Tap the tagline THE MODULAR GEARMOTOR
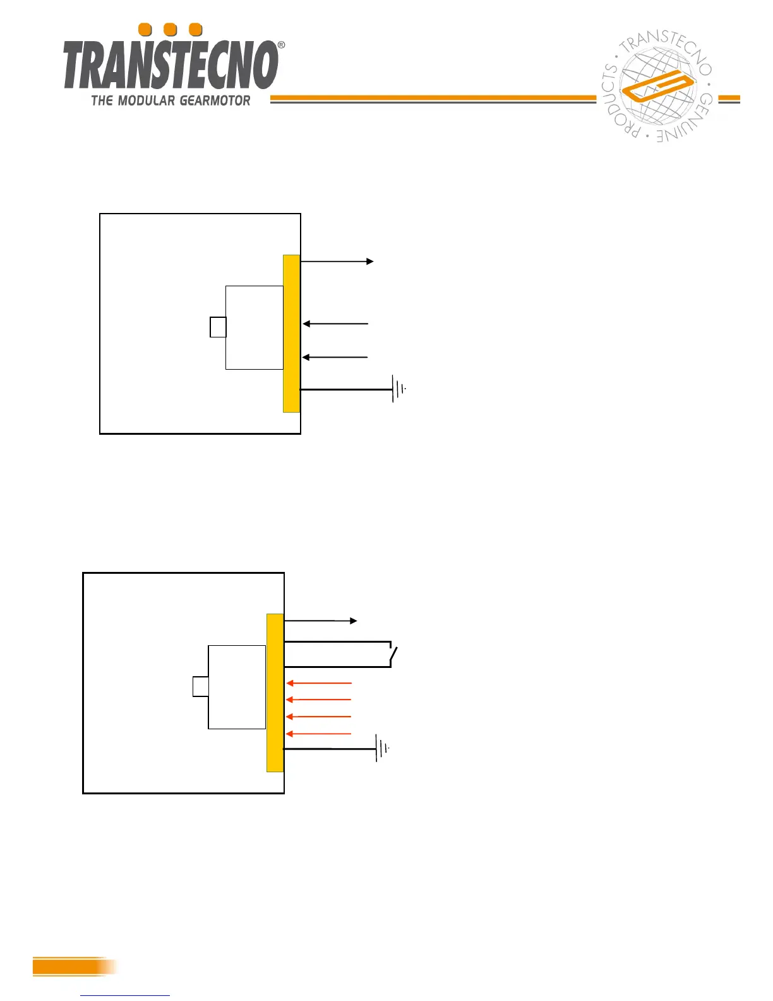171,100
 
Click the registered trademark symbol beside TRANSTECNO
281,45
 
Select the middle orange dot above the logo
170,30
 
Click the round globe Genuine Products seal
657,87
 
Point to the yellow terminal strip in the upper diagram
291,333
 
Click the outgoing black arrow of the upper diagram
337,261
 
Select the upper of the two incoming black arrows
335,324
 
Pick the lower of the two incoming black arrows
335,357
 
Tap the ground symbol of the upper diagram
398,389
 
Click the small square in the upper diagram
218,327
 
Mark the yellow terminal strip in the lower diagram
275,693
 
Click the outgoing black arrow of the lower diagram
321,621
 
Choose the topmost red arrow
319,683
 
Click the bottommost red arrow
319,734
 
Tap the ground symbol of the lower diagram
381,748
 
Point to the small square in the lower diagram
200,687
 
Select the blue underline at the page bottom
125,995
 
